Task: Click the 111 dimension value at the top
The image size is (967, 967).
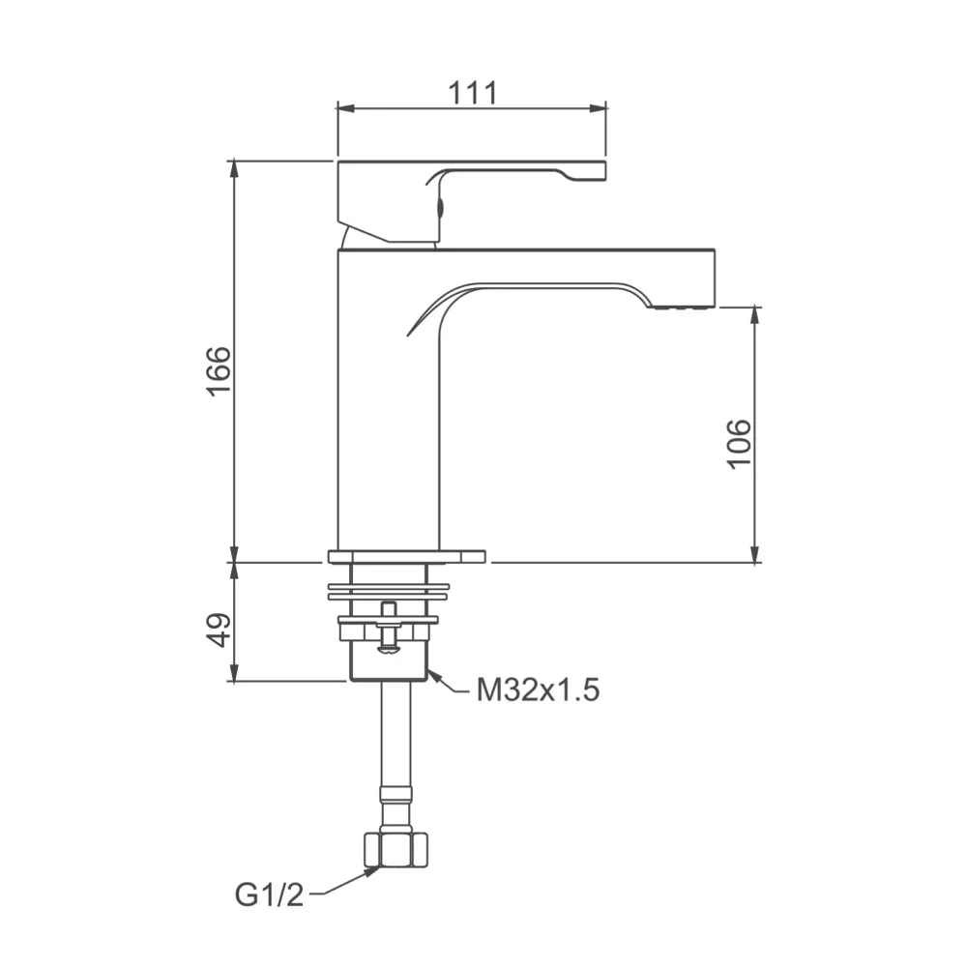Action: (472, 93)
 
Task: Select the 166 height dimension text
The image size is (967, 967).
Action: (219, 369)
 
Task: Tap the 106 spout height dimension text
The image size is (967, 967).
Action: (739, 443)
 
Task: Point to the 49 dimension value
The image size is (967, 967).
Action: (219, 630)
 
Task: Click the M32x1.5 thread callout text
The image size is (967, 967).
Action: (539, 690)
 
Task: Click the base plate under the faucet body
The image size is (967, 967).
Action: (406, 556)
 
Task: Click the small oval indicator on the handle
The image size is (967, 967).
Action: (441, 206)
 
